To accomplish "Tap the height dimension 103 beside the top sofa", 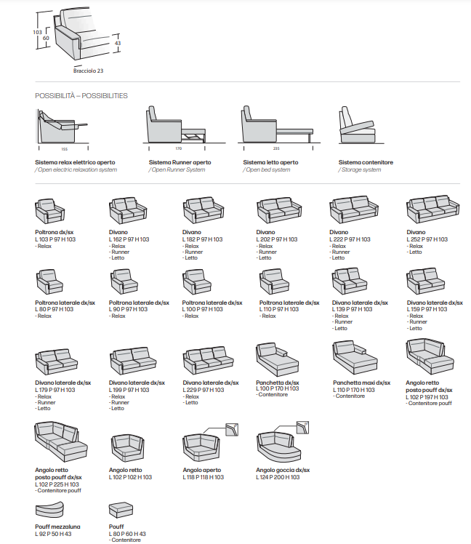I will [x=38, y=32].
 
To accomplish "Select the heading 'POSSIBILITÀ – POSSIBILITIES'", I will [x=81, y=95].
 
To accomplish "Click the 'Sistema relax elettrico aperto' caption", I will [x=75, y=162].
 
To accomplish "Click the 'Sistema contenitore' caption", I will [x=366, y=162].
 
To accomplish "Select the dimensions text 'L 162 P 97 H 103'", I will [x=129, y=239].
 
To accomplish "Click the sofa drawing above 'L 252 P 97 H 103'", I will [x=433, y=210].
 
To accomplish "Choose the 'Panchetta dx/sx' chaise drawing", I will [x=275, y=359].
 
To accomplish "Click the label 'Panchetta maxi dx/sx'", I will [x=361, y=382].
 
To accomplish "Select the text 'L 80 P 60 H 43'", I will [x=127, y=534].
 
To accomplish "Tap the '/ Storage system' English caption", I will [x=359, y=169].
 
